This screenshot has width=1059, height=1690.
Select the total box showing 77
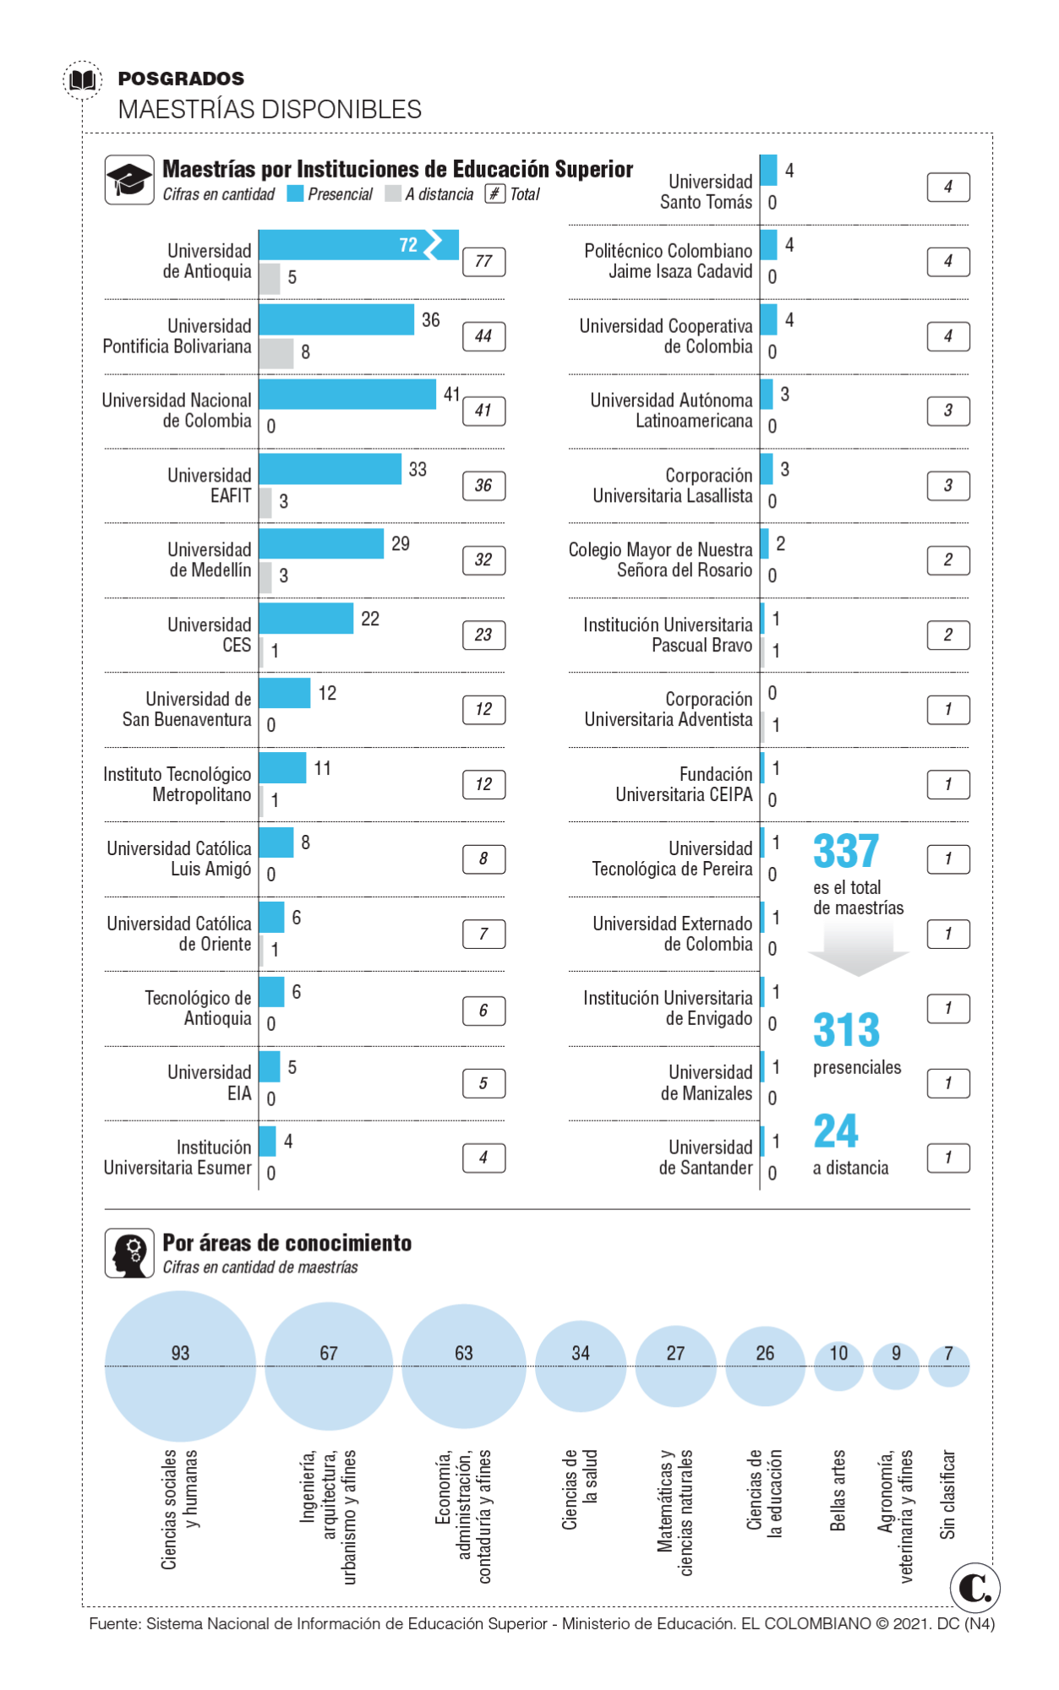[483, 262]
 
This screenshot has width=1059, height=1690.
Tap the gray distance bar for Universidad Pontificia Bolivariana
[276, 353]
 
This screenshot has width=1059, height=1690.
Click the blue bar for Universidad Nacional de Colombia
[347, 394]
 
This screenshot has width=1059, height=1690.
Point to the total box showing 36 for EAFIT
[483, 486]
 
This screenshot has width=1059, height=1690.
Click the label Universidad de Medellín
[210, 560]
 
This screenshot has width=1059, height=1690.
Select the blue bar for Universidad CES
[306, 619]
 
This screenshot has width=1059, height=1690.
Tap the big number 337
[846, 851]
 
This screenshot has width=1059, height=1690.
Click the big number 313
[846, 1030]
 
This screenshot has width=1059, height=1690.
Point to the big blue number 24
[835, 1131]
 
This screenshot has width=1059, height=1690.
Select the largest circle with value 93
[180, 1366]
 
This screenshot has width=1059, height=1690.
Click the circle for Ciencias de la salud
[580, 1366]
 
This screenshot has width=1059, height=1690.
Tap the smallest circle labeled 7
[948, 1366]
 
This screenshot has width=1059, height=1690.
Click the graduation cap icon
[128, 179]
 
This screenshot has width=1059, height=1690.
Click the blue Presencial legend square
[295, 194]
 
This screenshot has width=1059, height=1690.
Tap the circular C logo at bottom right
[974, 1588]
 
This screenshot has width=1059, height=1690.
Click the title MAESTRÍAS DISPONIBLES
[270, 109]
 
